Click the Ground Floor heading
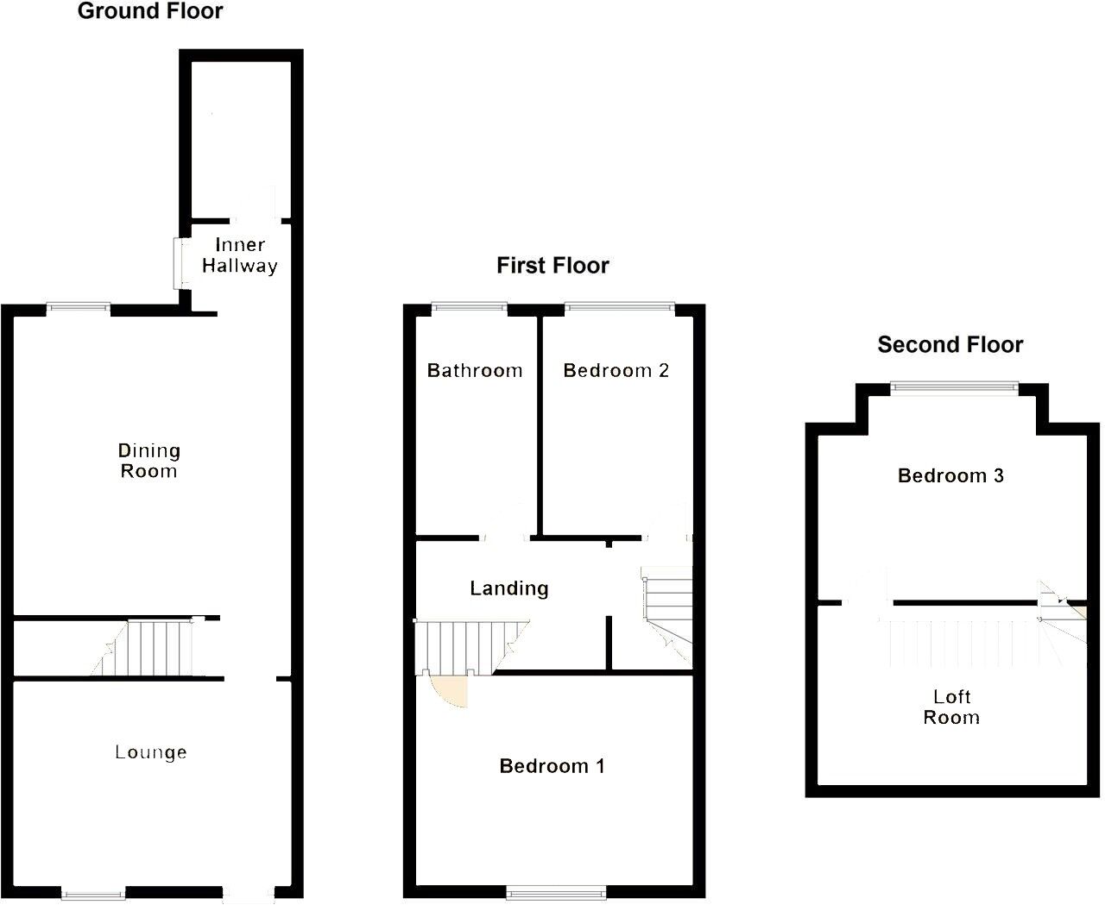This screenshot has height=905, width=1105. click(x=150, y=11)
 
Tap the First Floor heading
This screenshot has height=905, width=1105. click(x=552, y=266)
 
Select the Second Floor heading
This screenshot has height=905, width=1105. click(x=950, y=344)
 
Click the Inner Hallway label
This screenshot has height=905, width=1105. click(x=240, y=255)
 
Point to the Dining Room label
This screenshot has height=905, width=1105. click(x=149, y=461)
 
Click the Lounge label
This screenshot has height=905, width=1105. click(x=151, y=752)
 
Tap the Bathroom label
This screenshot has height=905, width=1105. click(x=475, y=371)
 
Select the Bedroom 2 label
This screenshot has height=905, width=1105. click(x=616, y=371)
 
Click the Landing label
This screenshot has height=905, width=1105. click(x=509, y=588)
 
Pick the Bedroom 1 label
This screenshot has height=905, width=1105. click(x=552, y=766)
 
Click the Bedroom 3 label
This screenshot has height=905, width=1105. click(x=951, y=475)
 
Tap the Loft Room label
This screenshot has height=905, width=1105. click(x=951, y=707)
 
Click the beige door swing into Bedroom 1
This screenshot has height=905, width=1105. click(x=450, y=689)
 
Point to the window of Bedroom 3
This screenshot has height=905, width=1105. click(x=954, y=387)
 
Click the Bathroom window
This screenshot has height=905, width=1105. click(x=470, y=307)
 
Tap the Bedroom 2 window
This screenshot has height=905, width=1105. click(x=619, y=307)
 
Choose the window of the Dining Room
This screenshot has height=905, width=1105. click(x=79, y=308)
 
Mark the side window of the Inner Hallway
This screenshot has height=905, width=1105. click(x=181, y=263)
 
